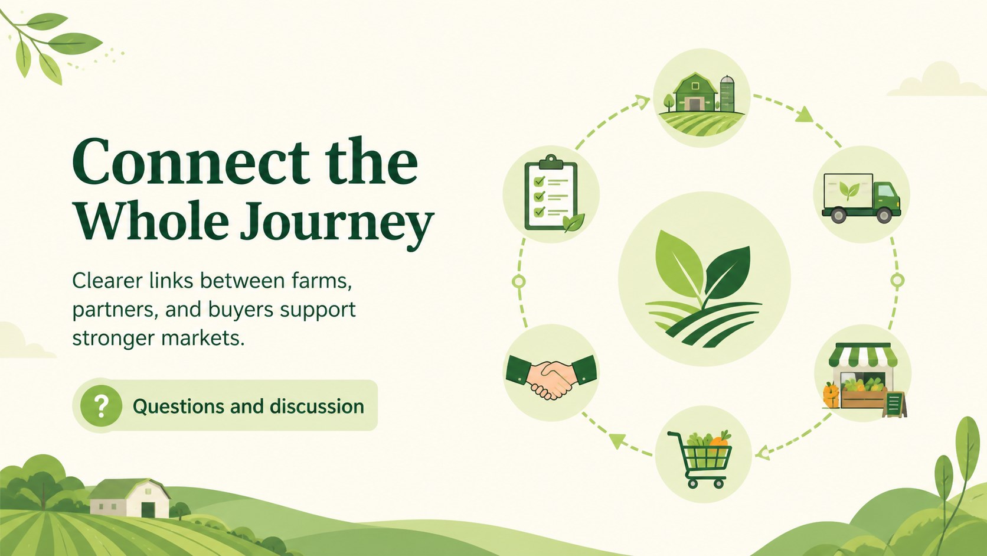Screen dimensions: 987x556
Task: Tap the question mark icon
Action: (x=101, y=406)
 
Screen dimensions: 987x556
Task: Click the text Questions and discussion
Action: (x=249, y=406)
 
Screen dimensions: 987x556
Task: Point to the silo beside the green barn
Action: (x=727, y=93)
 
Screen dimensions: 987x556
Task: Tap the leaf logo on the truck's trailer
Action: (x=849, y=190)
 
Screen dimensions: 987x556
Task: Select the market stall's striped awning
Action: (x=863, y=355)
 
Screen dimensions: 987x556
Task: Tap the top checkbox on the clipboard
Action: (x=539, y=181)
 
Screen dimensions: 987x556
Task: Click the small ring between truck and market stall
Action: (x=897, y=280)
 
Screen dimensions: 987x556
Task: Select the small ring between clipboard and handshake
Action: (x=519, y=281)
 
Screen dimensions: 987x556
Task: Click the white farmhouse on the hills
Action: (x=129, y=498)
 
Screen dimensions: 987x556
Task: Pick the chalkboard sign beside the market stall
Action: (x=894, y=404)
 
